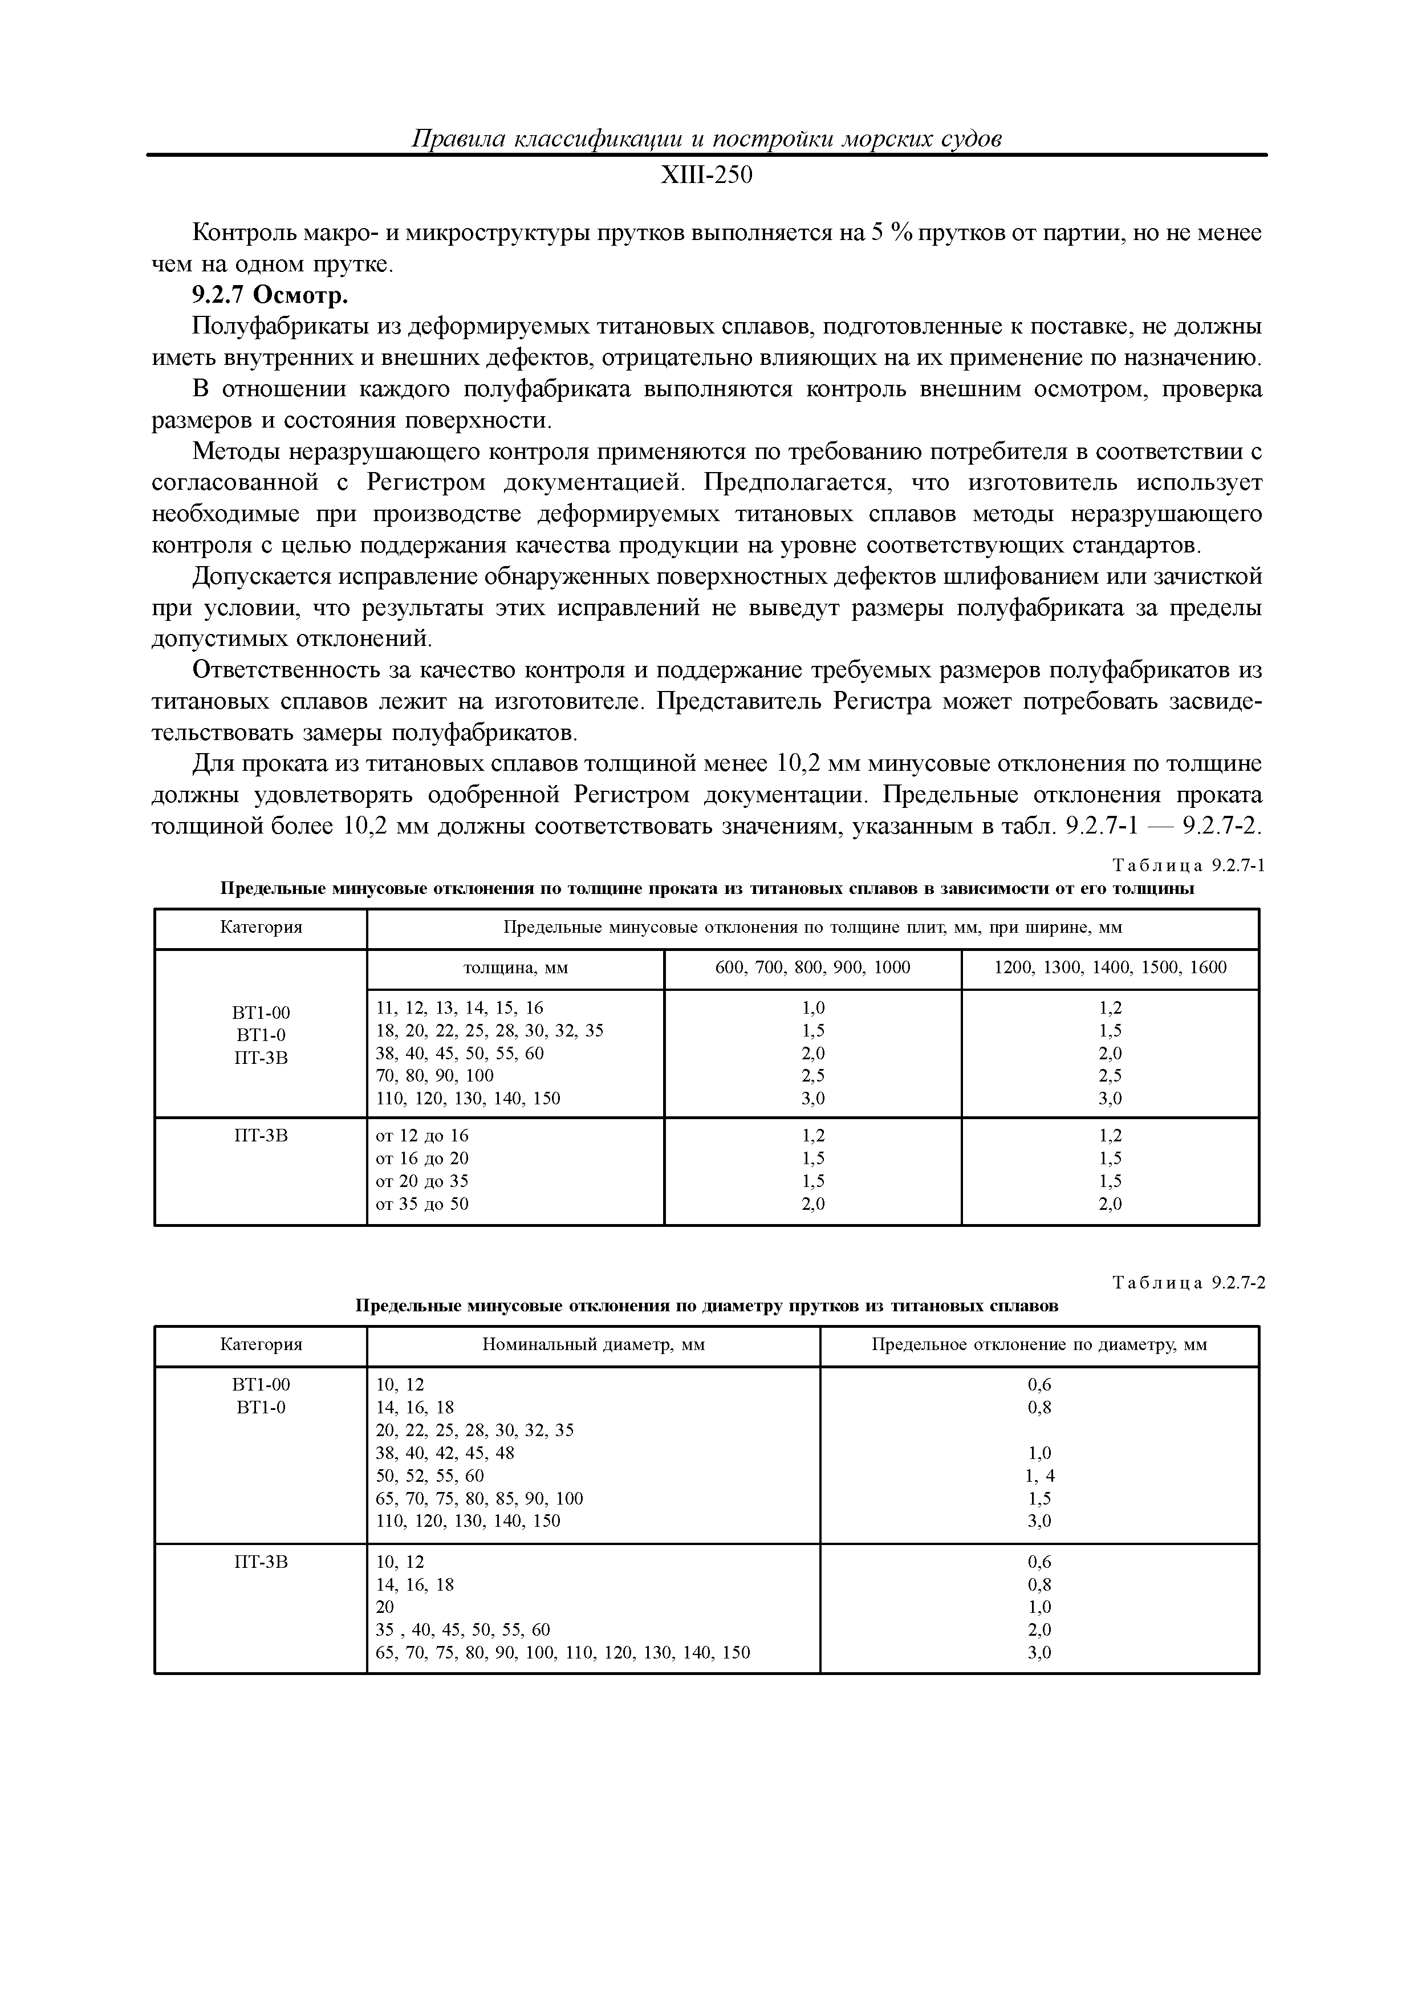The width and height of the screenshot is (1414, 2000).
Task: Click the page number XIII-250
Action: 706,177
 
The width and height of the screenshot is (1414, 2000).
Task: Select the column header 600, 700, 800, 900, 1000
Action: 812,968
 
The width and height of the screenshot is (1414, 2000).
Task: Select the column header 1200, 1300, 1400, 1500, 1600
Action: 1110,968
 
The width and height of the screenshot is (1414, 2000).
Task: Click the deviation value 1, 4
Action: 1039,1475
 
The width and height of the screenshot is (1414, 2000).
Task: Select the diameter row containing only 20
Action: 385,1606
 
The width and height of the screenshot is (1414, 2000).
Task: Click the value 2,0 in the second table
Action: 1039,1629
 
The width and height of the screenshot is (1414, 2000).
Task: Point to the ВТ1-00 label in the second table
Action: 261,1384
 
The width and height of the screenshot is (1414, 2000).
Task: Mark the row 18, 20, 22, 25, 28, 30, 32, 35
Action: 490,1030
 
